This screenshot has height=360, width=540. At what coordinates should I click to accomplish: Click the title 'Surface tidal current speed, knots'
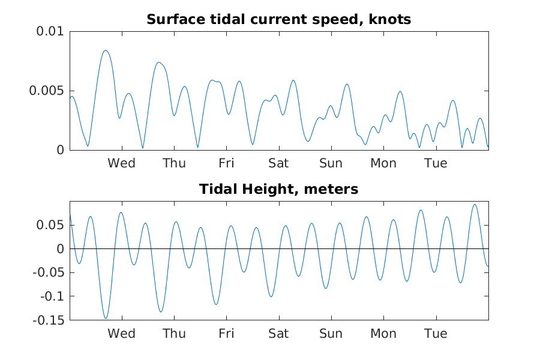[278, 20]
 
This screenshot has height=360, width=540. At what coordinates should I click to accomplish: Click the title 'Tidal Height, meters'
[278, 189]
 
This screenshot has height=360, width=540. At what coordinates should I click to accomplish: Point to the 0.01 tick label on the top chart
[50, 31]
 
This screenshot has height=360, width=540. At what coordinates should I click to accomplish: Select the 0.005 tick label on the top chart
[47, 91]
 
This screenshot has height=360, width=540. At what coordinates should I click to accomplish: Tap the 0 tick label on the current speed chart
[61, 150]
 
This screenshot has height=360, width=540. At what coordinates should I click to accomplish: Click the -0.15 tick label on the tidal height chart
[49, 320]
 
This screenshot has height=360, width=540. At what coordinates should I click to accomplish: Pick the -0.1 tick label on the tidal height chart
[52, 296]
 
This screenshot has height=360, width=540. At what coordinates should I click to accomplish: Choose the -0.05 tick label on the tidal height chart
[49, 272]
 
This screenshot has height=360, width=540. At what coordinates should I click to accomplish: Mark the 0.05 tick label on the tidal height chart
[50, 225]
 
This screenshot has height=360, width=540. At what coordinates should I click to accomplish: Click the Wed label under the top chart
[122, 163]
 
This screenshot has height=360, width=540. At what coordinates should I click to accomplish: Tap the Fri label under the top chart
[226, 163]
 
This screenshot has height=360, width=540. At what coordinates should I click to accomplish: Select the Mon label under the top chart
[383, 163]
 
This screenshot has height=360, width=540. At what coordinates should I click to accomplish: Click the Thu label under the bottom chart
[174, 334]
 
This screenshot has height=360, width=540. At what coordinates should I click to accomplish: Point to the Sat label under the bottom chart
[278, 334]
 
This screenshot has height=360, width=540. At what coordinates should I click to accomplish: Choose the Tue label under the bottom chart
[436, 334]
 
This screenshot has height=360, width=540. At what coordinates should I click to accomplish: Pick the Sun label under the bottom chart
[331, 334]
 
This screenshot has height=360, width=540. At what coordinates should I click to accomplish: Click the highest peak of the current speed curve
[106, 50]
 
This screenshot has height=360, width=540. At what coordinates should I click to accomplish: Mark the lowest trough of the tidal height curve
[106, 318]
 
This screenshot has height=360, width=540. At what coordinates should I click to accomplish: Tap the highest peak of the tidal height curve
[475, 204]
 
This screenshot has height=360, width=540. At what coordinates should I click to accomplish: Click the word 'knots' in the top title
[390, 20]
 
